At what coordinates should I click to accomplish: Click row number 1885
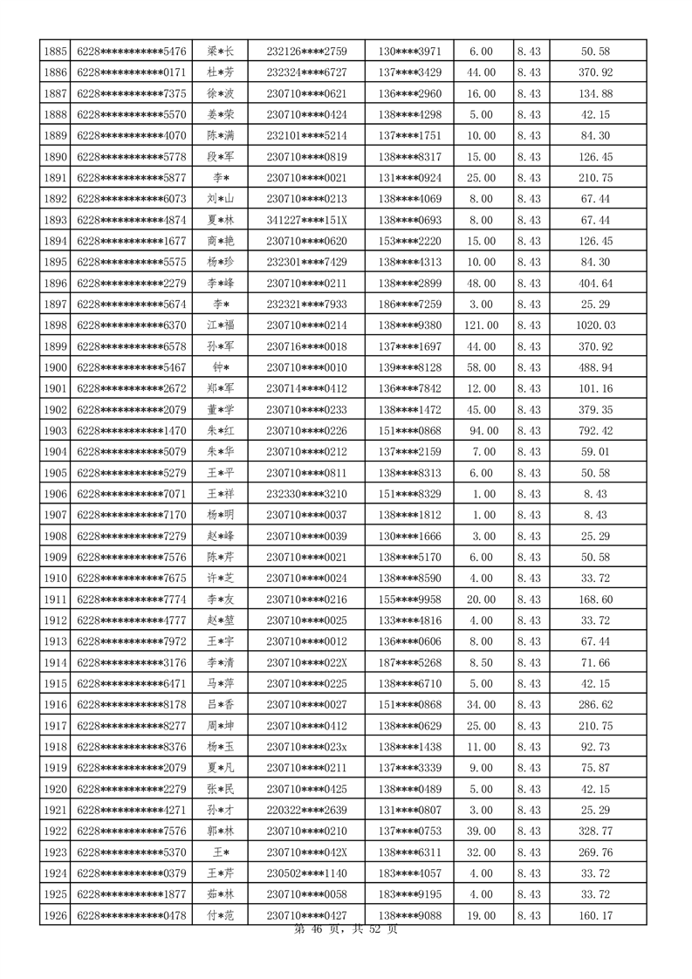(55, 51)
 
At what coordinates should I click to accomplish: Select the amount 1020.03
(598, 325)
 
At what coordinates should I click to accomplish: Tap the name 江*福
(220, 325)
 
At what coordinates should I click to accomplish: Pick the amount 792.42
(598, 431)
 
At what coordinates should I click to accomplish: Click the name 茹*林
(220, 894)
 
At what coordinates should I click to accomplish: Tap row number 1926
(55, 915)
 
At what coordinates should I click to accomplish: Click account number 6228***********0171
(132, 72)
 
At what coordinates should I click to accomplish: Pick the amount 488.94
(598, 367)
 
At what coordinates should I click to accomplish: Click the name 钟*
(220, 367)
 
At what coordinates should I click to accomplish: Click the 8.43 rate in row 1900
(529, 367)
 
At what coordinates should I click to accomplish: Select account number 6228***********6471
(132, 683)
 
